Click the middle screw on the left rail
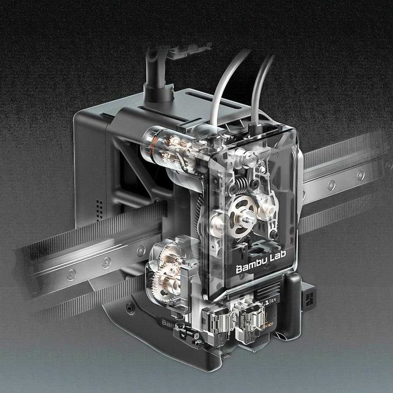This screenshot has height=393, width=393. click(x=106, y=262)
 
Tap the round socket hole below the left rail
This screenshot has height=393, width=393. click(x=130, y=308)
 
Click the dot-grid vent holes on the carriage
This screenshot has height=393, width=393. click(x=99, y=208)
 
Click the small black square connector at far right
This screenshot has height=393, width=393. click(x=308, y=296)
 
